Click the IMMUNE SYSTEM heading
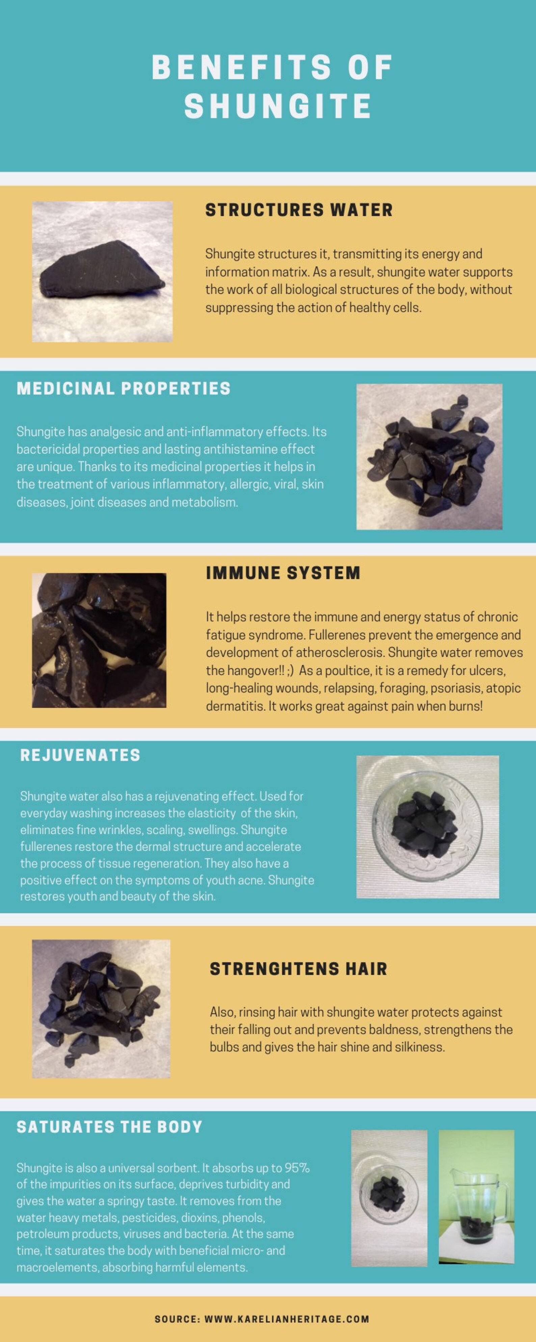(x=283, y=573)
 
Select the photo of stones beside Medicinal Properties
(x=429, y=457)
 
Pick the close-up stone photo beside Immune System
(x=99, y=640)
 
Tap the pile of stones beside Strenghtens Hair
(x=101, y=1009)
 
